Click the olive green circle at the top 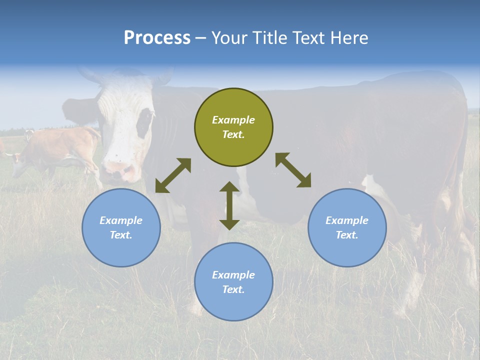point(233,127)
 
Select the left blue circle point(121,227)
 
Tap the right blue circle point(347,227)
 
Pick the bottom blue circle point(233,282)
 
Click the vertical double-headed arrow point(229,205)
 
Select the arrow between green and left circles point(173,175)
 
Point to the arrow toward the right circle point(293,170)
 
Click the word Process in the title point(157,38)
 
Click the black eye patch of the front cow point(145,122)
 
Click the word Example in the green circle point(233,120)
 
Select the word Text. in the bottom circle point(233,289)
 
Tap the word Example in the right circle point(347,220)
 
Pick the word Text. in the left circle point(121,235)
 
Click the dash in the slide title point(201,38)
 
